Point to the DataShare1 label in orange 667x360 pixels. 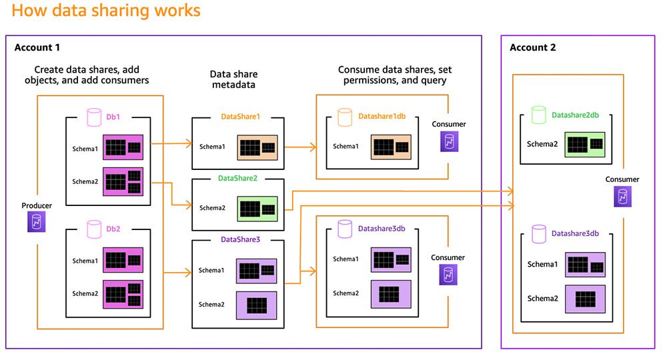[x=240, y=117]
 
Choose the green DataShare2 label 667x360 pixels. [x=237, y=178]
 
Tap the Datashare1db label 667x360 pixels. [x=382, y=117]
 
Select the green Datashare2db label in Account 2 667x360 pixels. [x=575, y=115]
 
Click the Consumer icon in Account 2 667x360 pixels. [x=622, y=197]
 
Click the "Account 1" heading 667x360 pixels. [x=37, y=47]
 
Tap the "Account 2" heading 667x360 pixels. [x=532, y=47]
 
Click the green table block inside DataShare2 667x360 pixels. [x=257, y=208]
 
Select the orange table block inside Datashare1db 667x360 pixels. [x=391, y=147]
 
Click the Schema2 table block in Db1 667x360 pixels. [x=123, y=181]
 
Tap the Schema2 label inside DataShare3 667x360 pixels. [x=211, y=305]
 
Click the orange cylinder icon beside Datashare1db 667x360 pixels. [x=345, y=117]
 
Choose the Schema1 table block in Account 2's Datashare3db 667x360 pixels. [x=585, y=265]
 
